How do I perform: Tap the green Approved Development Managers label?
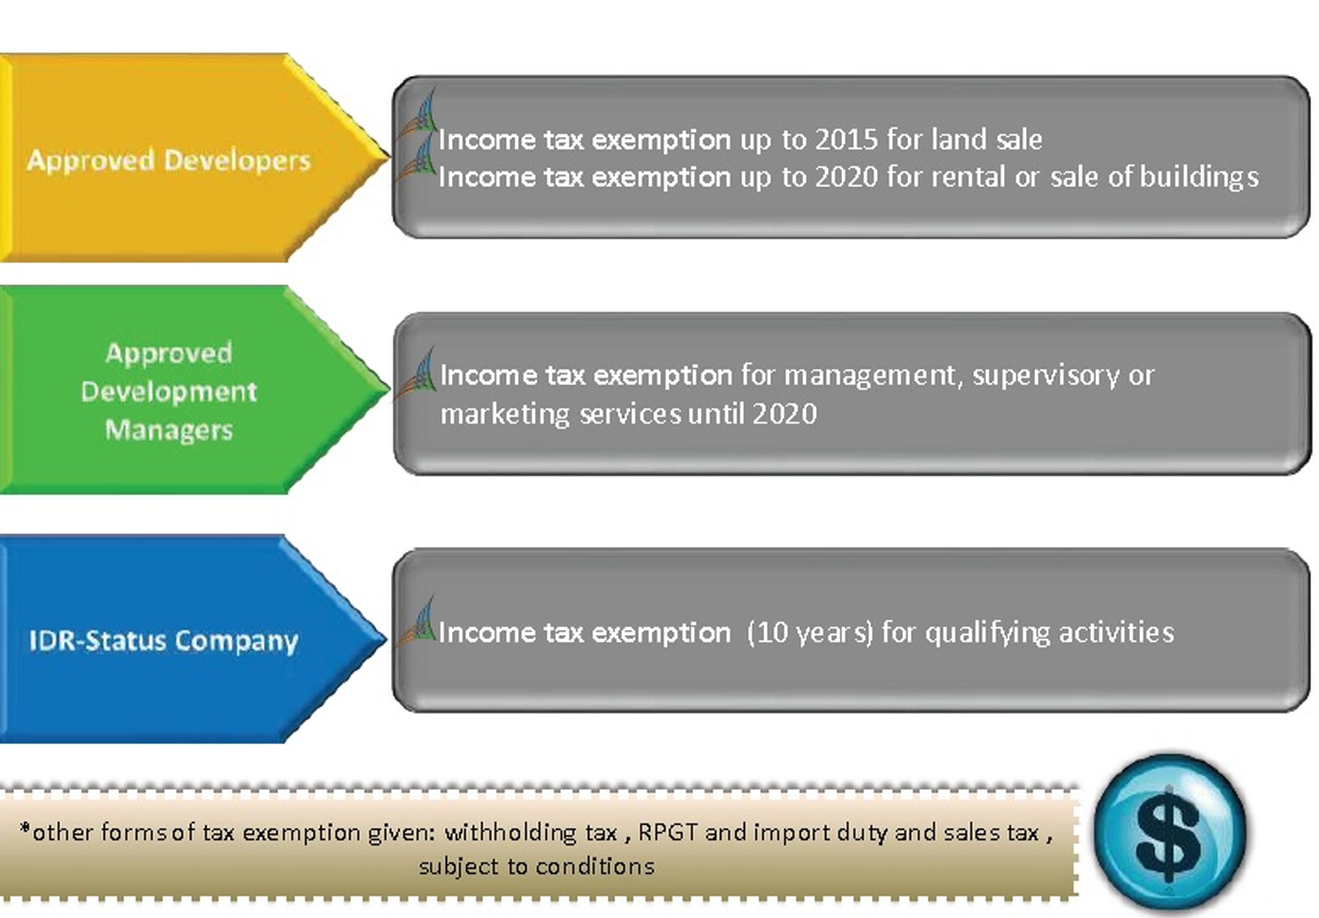168,391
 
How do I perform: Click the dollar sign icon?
1169,833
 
